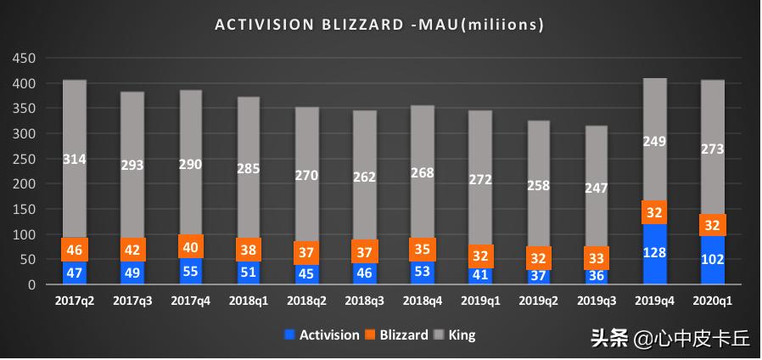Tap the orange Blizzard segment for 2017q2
tap(75, 250)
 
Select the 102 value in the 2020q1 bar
tap(713, 259)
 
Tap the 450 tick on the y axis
tap(24, 59)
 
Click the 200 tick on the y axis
tap(24, 184)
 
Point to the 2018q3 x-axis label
tap(365, 301)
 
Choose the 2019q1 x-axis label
tap(481, 301)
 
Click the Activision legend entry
tap(322, 335)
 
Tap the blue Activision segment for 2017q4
tap(191, 271)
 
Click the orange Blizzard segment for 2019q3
tap(597, 258)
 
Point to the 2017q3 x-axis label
tap(133, 301)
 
